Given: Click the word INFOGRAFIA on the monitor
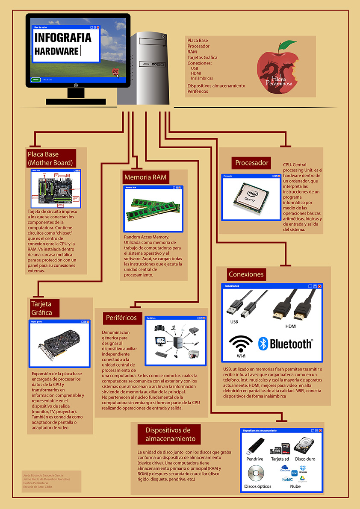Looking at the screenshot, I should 63,38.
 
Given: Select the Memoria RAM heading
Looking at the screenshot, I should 145,177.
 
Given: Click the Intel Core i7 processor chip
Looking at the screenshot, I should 250,197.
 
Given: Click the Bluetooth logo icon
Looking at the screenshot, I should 263,343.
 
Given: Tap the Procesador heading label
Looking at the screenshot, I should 252,163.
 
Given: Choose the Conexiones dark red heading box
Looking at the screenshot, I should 246,274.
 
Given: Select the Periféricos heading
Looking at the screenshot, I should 121,318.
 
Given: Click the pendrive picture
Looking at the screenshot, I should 255,446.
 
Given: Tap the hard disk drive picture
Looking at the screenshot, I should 304,445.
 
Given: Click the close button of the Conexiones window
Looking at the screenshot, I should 319,286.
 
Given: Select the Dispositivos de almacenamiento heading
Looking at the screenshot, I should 167,435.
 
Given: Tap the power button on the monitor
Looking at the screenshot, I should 76,85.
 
